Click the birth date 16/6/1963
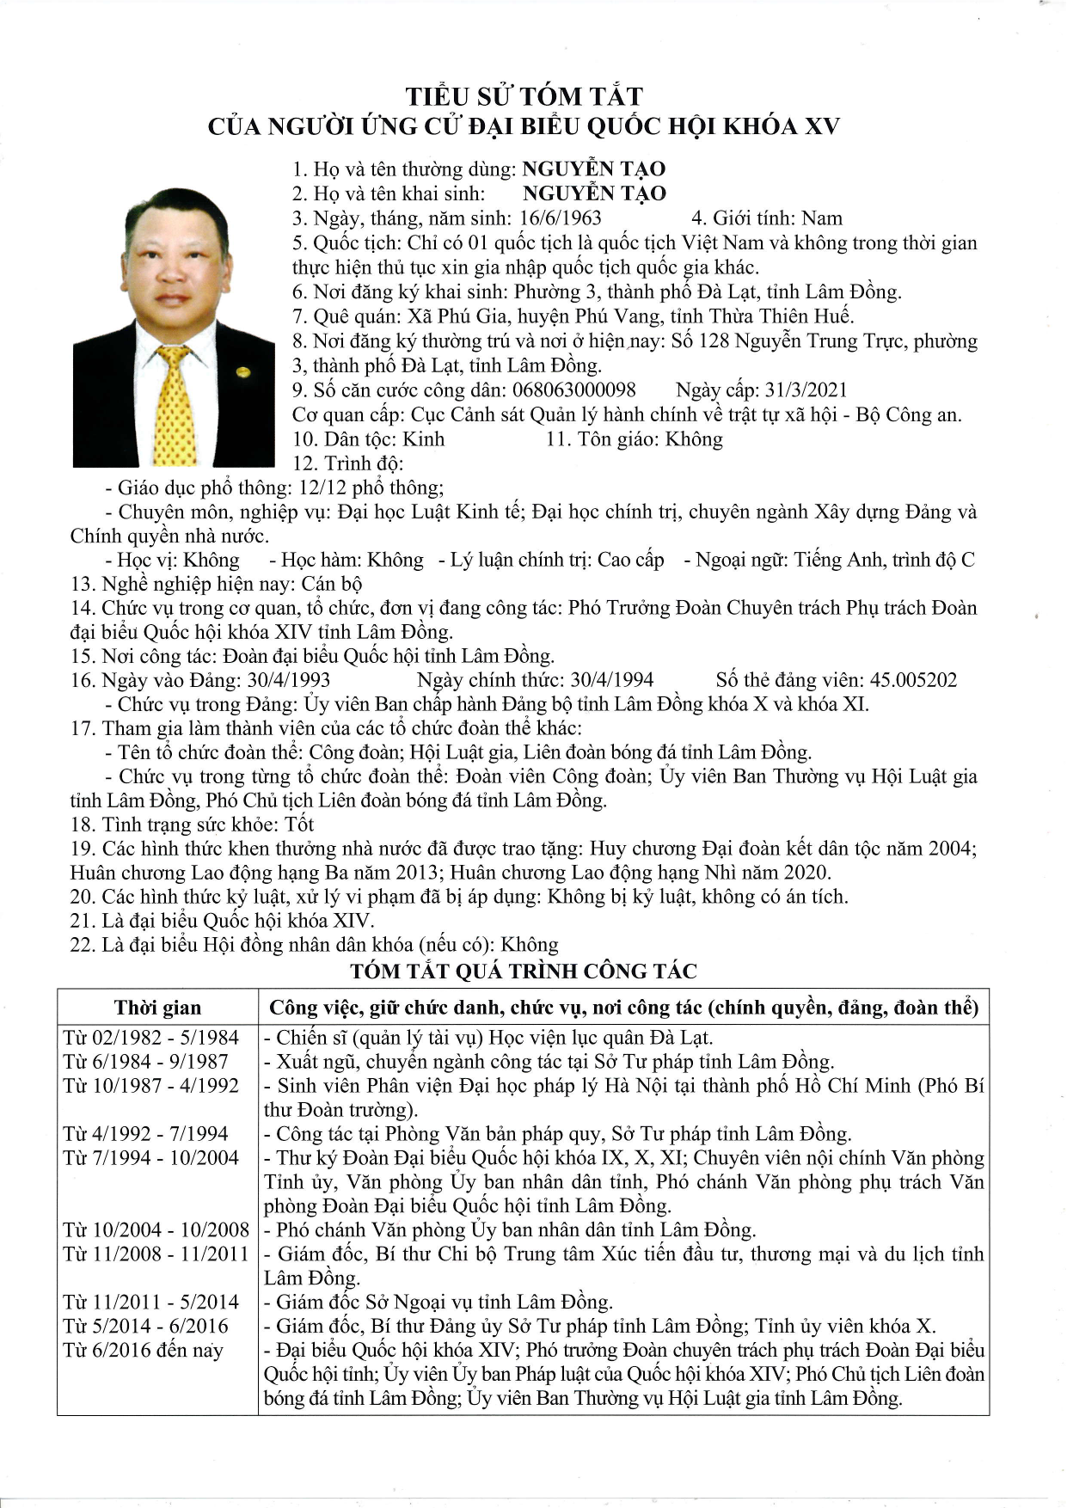tap(561, 218)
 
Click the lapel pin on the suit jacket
tap(242, 371)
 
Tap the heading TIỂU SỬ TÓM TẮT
tap(524, 96)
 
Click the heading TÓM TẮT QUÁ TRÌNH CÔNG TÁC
tap(524, 972)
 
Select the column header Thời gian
tap(157, 1008)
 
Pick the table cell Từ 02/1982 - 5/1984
tap(151, 1038)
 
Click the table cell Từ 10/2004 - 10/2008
tap(156, 1230)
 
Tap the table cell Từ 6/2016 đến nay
tap(143, 1351)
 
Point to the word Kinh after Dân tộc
tap(424, 439)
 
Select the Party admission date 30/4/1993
tap(288, 680)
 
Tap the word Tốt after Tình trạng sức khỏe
tap(299, 824)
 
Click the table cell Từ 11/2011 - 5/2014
tap(151, 1303)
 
